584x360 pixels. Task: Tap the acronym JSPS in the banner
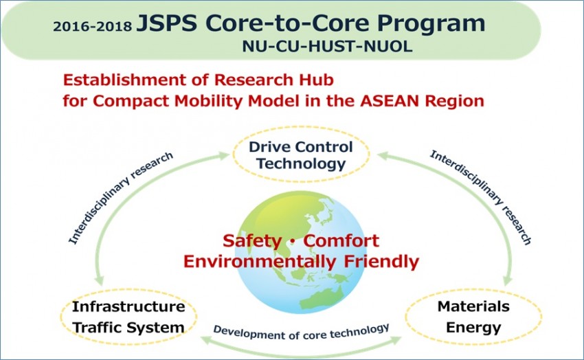[x=166, y=23]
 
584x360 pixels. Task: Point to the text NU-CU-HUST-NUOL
[x=327, y=47]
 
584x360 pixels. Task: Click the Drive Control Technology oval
[x=301, y=155]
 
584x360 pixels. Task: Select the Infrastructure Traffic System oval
[x=128, y=317]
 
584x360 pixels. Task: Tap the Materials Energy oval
[x=473, y=317]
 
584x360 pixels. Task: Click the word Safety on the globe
[x=252, y=241]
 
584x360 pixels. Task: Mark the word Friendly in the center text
[x=381, y=261]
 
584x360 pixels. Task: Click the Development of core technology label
[x=302, y=332]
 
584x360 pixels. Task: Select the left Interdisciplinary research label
[x=121, y=198]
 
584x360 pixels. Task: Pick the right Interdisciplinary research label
[x=481, y=197]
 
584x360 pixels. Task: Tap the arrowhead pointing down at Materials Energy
[x=508, y=280]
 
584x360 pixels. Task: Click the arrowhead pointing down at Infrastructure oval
[x=99, y=280]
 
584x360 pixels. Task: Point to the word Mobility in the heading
[x=210, y=101]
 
